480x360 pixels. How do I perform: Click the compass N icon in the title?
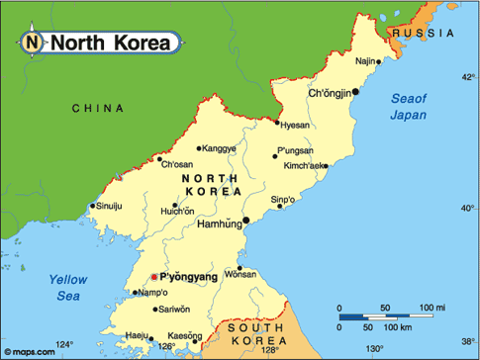[33, 42]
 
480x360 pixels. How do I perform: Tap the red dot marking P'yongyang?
[152, 278]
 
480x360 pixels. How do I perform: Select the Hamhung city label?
[218, 224]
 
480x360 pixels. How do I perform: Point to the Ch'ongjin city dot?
[355, 92]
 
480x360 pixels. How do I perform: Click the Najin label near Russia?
[366, 61]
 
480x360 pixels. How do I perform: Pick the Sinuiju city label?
[109, 207]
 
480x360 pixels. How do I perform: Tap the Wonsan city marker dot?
[240, 267]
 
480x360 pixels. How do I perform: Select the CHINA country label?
[98, 107]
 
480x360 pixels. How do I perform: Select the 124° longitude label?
[63, 345]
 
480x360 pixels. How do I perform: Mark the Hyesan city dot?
[278, 123]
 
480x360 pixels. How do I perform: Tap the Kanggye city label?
[219, 149]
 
